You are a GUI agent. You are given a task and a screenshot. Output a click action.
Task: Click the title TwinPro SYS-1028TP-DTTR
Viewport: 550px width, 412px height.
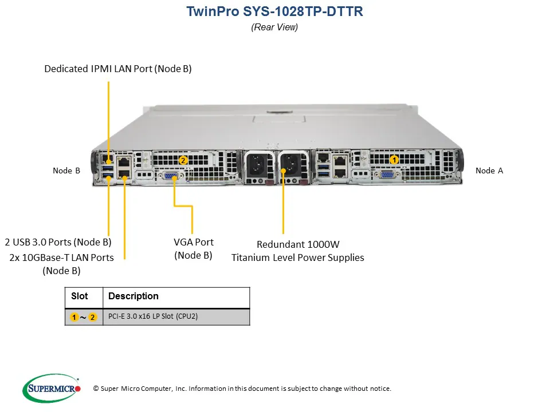coord(274,11)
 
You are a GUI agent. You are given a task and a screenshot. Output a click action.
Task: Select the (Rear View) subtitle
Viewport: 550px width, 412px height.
coord(274,27)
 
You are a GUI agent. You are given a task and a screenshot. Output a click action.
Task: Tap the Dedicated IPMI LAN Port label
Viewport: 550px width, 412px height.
coord(118,69)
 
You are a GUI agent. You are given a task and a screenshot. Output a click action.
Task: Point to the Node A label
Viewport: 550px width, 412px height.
coord(489,171)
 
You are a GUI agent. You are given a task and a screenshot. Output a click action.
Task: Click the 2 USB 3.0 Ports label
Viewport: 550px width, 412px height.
coord(58,242)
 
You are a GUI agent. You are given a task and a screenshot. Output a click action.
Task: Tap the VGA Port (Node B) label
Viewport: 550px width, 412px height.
coord(193,248)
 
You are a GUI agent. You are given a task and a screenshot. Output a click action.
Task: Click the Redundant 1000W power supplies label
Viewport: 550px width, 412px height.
coord(297,251)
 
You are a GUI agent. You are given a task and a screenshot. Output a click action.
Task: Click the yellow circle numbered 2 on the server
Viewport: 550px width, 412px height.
coord(183,160)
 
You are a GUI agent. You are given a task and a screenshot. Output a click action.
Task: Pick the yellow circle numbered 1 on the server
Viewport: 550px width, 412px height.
coord(394,160)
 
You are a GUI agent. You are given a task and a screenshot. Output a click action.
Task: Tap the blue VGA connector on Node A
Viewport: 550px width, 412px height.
coord(387,176)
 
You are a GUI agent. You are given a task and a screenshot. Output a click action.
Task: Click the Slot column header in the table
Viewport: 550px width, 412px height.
coord(80,296)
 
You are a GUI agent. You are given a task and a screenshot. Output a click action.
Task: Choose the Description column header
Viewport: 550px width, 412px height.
coord(133,296)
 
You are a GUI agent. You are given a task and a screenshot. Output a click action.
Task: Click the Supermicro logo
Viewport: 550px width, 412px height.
coord(52,388)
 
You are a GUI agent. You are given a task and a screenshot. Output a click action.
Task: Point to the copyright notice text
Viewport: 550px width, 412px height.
coord(242,389)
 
